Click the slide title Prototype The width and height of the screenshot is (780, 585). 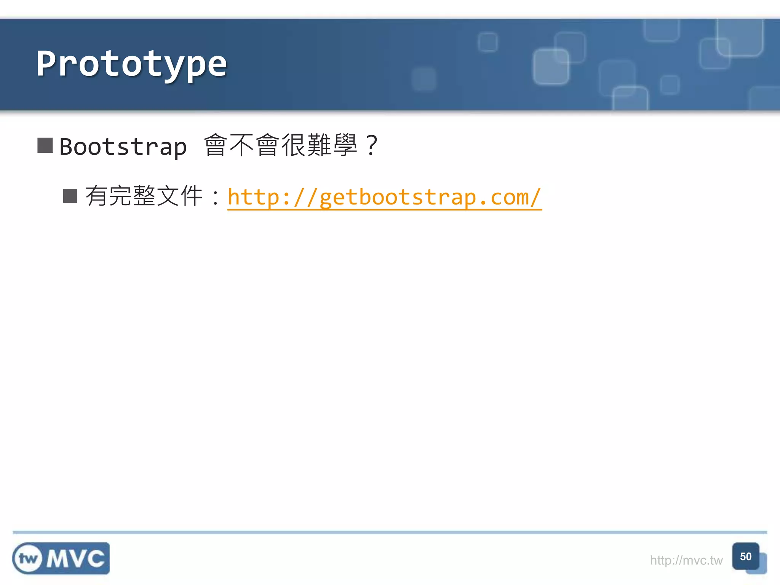131,64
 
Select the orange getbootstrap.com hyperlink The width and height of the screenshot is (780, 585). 384,197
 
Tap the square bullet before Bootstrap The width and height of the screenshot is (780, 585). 45,145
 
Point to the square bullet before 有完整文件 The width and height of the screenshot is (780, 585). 70,196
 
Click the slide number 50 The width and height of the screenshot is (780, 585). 745,556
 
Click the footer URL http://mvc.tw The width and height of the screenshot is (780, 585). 686,560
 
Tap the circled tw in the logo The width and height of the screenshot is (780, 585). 28,559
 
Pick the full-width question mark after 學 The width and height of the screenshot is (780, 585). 371,145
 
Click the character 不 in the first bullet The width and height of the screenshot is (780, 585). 242,145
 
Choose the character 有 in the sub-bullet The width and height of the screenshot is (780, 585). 97,196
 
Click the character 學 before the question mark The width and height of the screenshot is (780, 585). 345,145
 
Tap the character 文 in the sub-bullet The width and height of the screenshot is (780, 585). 168,196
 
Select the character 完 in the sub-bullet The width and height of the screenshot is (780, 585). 120,196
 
